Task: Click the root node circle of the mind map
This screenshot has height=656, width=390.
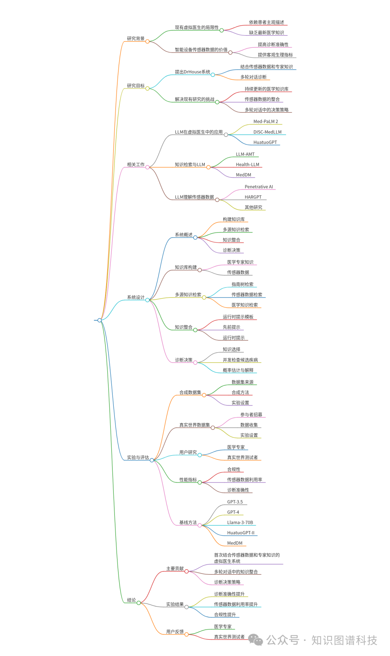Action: pyautogui.click(x=100, y=320)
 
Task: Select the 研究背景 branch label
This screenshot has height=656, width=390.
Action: pyautogui.click(x=135, y=39)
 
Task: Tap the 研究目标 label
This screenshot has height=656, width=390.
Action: pyautogui.click(x=135, y=86)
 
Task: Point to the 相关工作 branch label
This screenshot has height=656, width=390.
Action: pyautogui.click(x=135, y=164)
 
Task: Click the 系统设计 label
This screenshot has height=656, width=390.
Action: pyautogui.click(x=135, y=297)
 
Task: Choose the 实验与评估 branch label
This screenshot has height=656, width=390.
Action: pyautogui.click(x=138, y=457)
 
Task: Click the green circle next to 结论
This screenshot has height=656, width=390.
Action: pyautogui.click(x=139, y=603)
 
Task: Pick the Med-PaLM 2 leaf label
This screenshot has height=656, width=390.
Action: pyautogui.click(x=265, y=121)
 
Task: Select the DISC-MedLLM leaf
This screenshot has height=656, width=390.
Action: pyautogui.click(x=267, y=132)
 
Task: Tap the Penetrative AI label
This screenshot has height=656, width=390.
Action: pyautogui.click(x=259, y=187)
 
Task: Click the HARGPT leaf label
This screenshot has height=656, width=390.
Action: pyautogui.click(x=253, y=197)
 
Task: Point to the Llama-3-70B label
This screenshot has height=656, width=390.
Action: pyautogui.click(x=240, y=522)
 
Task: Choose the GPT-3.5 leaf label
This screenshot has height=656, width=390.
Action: pyautogui.click(x=235, y=502)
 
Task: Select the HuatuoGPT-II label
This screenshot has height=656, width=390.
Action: pyautogui.click(x=240, y=532)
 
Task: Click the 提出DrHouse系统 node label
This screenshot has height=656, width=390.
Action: pyautogui.click(x=192, y=72)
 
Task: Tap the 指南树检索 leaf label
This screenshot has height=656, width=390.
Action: pyautogui.click(x=242, y=284)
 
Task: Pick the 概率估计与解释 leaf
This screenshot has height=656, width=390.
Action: pyautogui.click(x=238, y=370)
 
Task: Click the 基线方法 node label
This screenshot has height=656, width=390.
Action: pyautogui.click(x=188, y=522)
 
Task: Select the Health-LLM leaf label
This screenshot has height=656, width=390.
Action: pyautogui.click(x=247, y=164)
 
